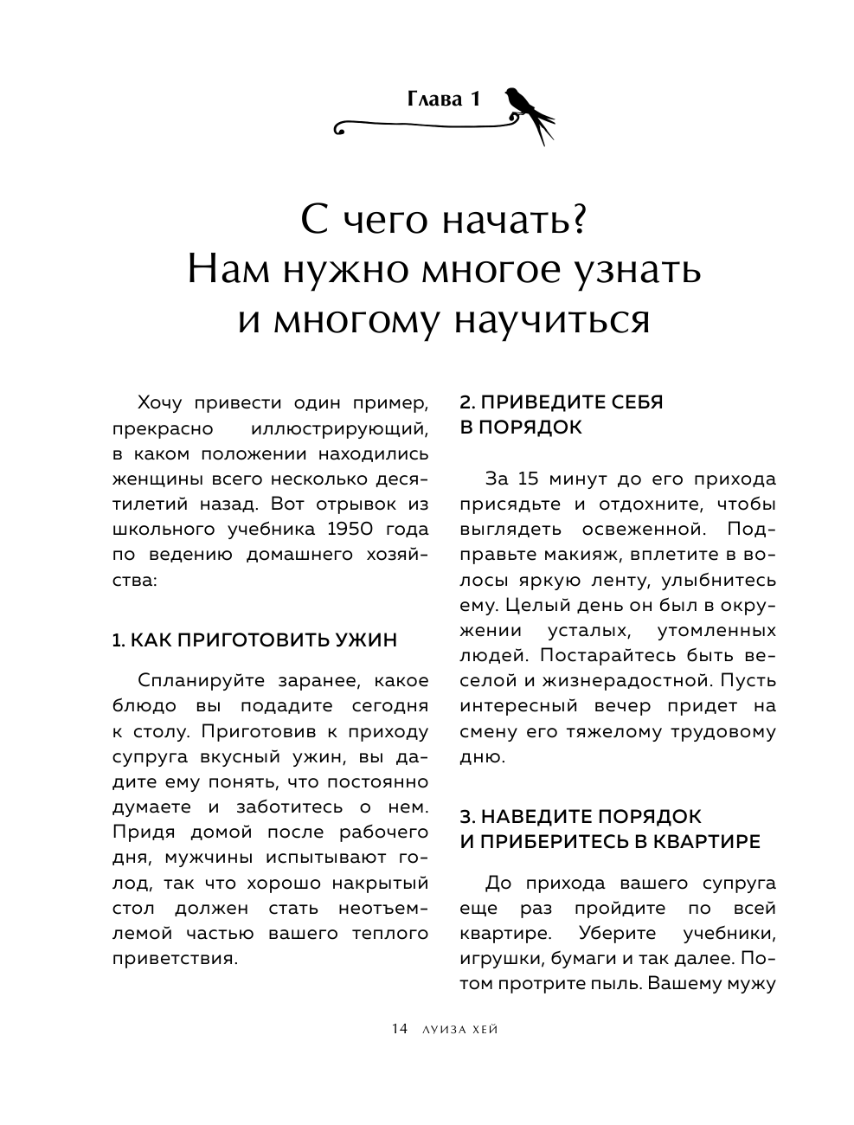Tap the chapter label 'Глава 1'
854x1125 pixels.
(x=443, y=100)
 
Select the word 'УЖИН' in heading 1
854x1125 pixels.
(x=361, y=640)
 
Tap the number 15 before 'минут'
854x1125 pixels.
(x=528, y=479)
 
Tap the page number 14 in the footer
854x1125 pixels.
(x=399, y=1029)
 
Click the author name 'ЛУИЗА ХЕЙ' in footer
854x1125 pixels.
(x=458, y=1029)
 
